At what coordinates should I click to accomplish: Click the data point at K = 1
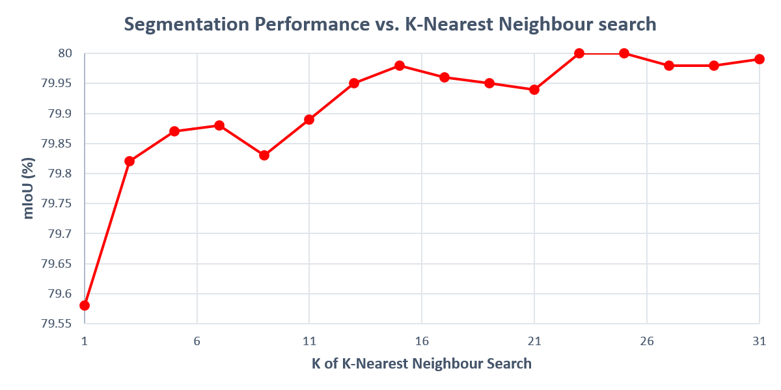click(85, 305)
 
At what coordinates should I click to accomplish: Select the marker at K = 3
click(130, 161)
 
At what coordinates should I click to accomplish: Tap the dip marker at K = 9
click(264, 155)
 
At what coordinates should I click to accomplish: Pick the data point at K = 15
click(400, 66)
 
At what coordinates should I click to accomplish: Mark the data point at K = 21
click(534, 90)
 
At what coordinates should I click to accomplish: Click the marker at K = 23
click(579, 53)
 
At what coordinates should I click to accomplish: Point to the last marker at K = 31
click(760, 59)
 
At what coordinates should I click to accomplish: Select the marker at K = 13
click(354, 83)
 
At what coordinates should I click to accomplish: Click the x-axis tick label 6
click(197, 341)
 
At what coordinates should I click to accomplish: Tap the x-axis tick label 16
click(422, 341)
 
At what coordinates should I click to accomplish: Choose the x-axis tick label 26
click(647, 341)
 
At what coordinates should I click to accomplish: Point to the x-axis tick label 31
click(759, 341)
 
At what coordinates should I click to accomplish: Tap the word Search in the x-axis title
click(509, 363)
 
